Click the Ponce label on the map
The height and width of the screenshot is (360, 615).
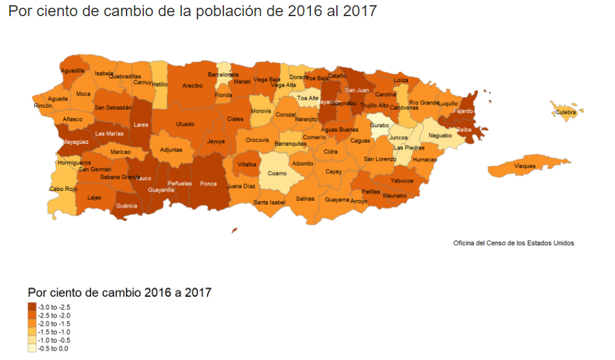click(x=208, y=183)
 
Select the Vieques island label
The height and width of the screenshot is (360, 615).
click(x=525, y=166)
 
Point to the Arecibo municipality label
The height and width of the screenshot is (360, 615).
click(x=192, y=85)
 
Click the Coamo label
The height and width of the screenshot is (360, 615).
click(x=277, y=173)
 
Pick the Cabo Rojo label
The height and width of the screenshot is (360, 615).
click(x=63, y=189)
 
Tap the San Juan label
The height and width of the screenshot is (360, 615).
click(x=356, y=90)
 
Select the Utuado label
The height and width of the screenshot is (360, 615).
click(x=185, y=123)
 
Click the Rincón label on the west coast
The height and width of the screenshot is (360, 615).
click(x=43, y=105)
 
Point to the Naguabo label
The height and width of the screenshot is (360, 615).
click(x=440, y=136)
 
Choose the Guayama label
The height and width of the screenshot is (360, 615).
click(x=337, y=199)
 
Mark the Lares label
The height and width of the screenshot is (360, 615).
click(x=141, y=125)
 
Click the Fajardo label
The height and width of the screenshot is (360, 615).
click(x=463, y=111)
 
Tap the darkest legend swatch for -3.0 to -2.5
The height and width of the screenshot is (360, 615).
click(x=32, y=306)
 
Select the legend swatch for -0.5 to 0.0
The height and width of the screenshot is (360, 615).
click(x=32, y=348)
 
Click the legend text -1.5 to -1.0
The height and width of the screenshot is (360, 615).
click(x=54, y=332)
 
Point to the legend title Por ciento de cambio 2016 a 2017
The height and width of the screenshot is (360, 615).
click(x=119, y=292)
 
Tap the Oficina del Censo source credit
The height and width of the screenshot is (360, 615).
click(x=513, y=243)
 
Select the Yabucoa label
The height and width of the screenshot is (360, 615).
click(x=402, y=181)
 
